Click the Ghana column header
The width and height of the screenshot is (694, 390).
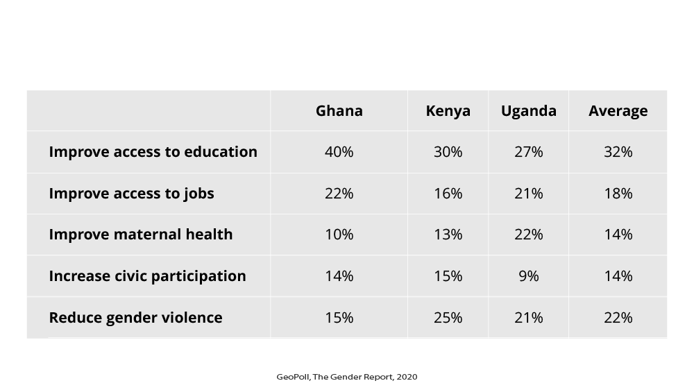(x=339, y=111)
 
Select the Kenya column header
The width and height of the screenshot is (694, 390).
(x=448, y=111)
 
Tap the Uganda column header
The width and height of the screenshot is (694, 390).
(x=528, y=111)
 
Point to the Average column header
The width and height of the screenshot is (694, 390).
(x=618, y=111)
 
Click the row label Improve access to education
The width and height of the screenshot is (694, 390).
(x=153, y=152)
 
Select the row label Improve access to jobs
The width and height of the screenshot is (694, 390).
(x=131, y=194)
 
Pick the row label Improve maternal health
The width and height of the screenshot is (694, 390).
(x=140, y=235)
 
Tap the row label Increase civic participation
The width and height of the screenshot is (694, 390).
(x=147, y=276)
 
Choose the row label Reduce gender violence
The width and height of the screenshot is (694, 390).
(x=135, y=318)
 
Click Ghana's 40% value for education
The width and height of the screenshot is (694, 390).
(x=339, y=152)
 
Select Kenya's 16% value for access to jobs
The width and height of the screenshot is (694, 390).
(x=448, y=194)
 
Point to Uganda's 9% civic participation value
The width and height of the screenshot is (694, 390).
(x=528, y=276)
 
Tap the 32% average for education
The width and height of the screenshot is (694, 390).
(x=618, y=152)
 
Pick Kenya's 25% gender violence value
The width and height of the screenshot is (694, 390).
(x=448, y=318)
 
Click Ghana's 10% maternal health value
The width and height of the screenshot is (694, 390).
(x=339, y=235)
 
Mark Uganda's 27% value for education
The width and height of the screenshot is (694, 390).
(x=528, y=152)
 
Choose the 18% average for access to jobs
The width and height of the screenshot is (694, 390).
(x=618, y=194)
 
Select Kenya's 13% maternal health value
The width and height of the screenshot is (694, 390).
(x=448, y=235)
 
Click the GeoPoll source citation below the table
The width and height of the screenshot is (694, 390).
(x=346, y=377)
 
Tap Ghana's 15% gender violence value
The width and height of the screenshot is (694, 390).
(x=339, y=318)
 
